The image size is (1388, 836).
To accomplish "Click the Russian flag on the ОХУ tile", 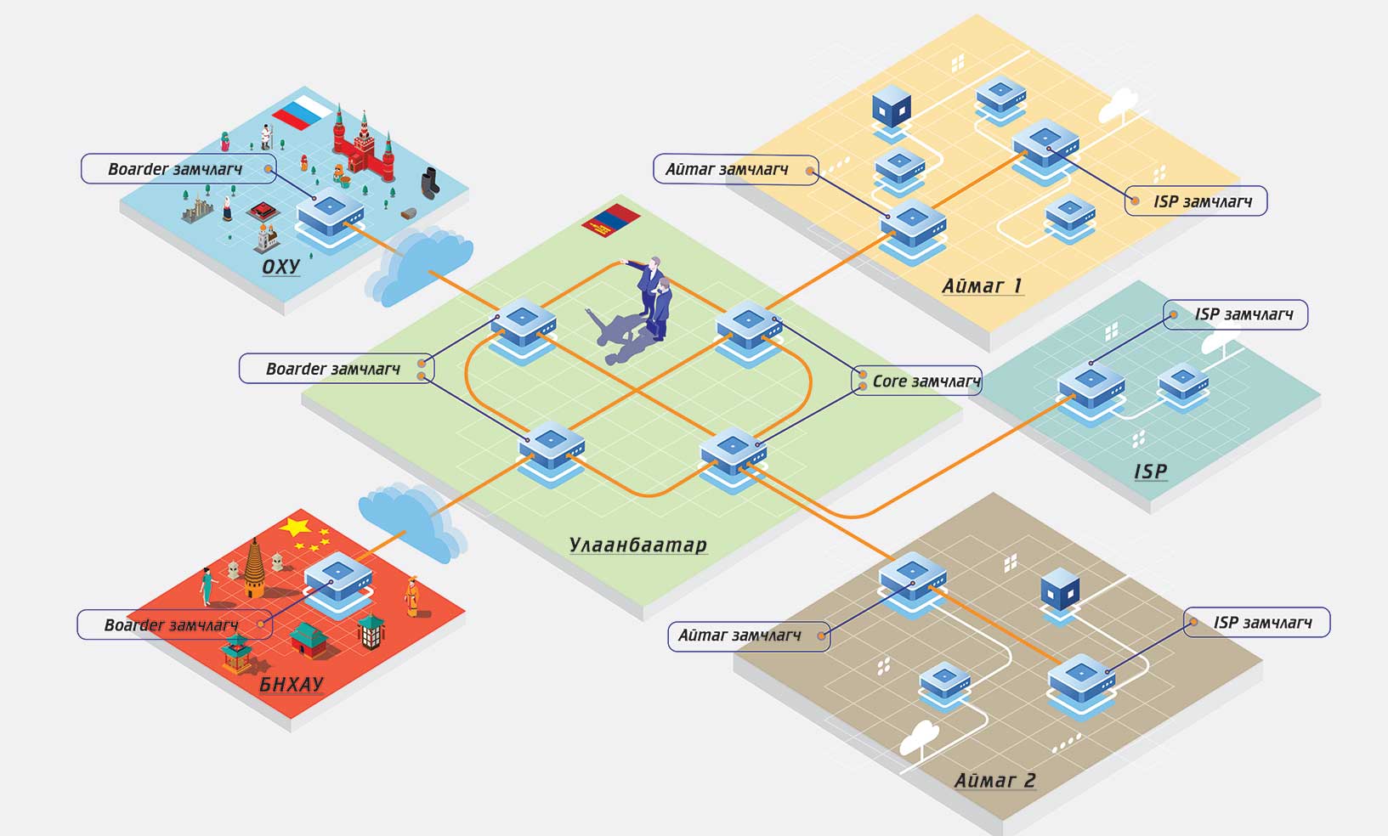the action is pos(303,112).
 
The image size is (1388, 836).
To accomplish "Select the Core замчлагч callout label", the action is pos(918,381).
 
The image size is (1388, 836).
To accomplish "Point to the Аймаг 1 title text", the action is pos(982,286).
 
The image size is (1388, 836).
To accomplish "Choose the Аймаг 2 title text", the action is pos(995,780).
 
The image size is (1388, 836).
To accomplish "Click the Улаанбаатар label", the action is pos(637,545).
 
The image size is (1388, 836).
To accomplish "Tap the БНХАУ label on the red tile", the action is pos(291,684).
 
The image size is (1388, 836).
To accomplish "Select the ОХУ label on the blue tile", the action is pos(280,267).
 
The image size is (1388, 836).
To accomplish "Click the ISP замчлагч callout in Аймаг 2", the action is pos(1257,623).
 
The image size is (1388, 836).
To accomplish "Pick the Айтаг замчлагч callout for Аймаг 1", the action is pos(736,169).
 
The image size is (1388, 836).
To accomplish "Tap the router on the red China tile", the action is pos(338,582).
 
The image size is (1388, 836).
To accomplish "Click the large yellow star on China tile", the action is pos(295,528).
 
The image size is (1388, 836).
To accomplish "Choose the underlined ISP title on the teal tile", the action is pos(1151,472).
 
